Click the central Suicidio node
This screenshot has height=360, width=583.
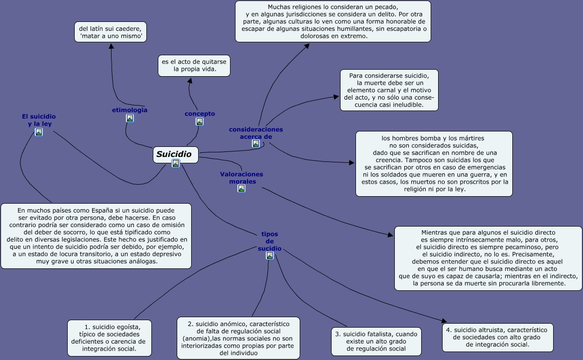pyautogui.click(x=175, y=154)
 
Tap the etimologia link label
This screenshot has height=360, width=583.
pyautogui.click(x=129, y=110)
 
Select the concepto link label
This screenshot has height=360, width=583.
pyautogui.click(x=200, y=114)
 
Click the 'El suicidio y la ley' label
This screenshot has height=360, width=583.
pyautogui.click(x=39, y=120)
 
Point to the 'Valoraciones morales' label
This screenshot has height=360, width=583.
pyautogui.click(x=241, y=178)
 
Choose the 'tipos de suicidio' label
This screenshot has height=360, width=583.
pyautogui.click(x=269, y=241)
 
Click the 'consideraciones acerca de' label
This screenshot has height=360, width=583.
pyautogui.click(x=256, y=133)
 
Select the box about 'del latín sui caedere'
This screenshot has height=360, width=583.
pyautogui.click(x=111, y=32)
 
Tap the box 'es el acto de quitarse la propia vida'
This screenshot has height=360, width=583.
pyautogui.click(x=194, y=65)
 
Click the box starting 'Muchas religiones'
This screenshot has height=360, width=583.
pyautogui.click(x=333, y=21)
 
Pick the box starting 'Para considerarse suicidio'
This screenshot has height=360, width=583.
pyautogui.click(x=389, y=90)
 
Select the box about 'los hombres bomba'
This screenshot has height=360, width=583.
pyautogui.click(x=434, y=164)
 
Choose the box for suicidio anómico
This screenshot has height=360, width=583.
pyautogui.click(x=238, y=338)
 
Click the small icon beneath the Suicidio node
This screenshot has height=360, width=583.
pyautogui.click(x=175, y=163)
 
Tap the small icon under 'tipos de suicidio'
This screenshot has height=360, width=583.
pyautogui.click(x=269, y=255)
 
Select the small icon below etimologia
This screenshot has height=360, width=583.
pyautogui.click(x=129, y=118)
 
